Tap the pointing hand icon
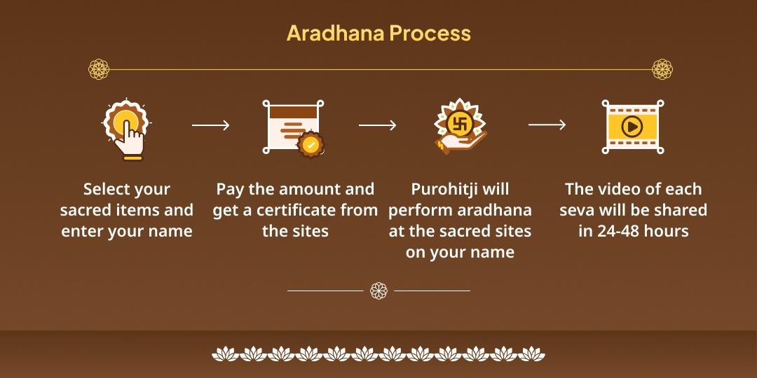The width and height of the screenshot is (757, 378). click(126, 129)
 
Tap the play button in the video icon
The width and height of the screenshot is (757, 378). click(632, 127)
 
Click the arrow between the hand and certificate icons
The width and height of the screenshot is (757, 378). click(210, 125)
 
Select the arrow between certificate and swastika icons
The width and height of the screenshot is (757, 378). click(377, 125)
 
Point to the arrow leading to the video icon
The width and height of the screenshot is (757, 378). click(547, 125)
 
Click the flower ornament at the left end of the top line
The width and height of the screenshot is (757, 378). click(99, 69)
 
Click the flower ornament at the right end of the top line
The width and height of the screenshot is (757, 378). click(662, 69)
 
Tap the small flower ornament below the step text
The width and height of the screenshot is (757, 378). click(378, 290)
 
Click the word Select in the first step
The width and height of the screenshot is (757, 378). click(107, 189)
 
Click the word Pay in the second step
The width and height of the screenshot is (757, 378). click(230, 189)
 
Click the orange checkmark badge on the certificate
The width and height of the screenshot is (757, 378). click(311, 145)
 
